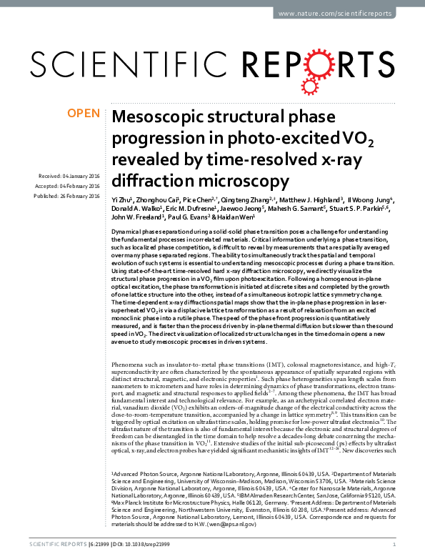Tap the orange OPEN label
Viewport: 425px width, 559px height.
82,113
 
